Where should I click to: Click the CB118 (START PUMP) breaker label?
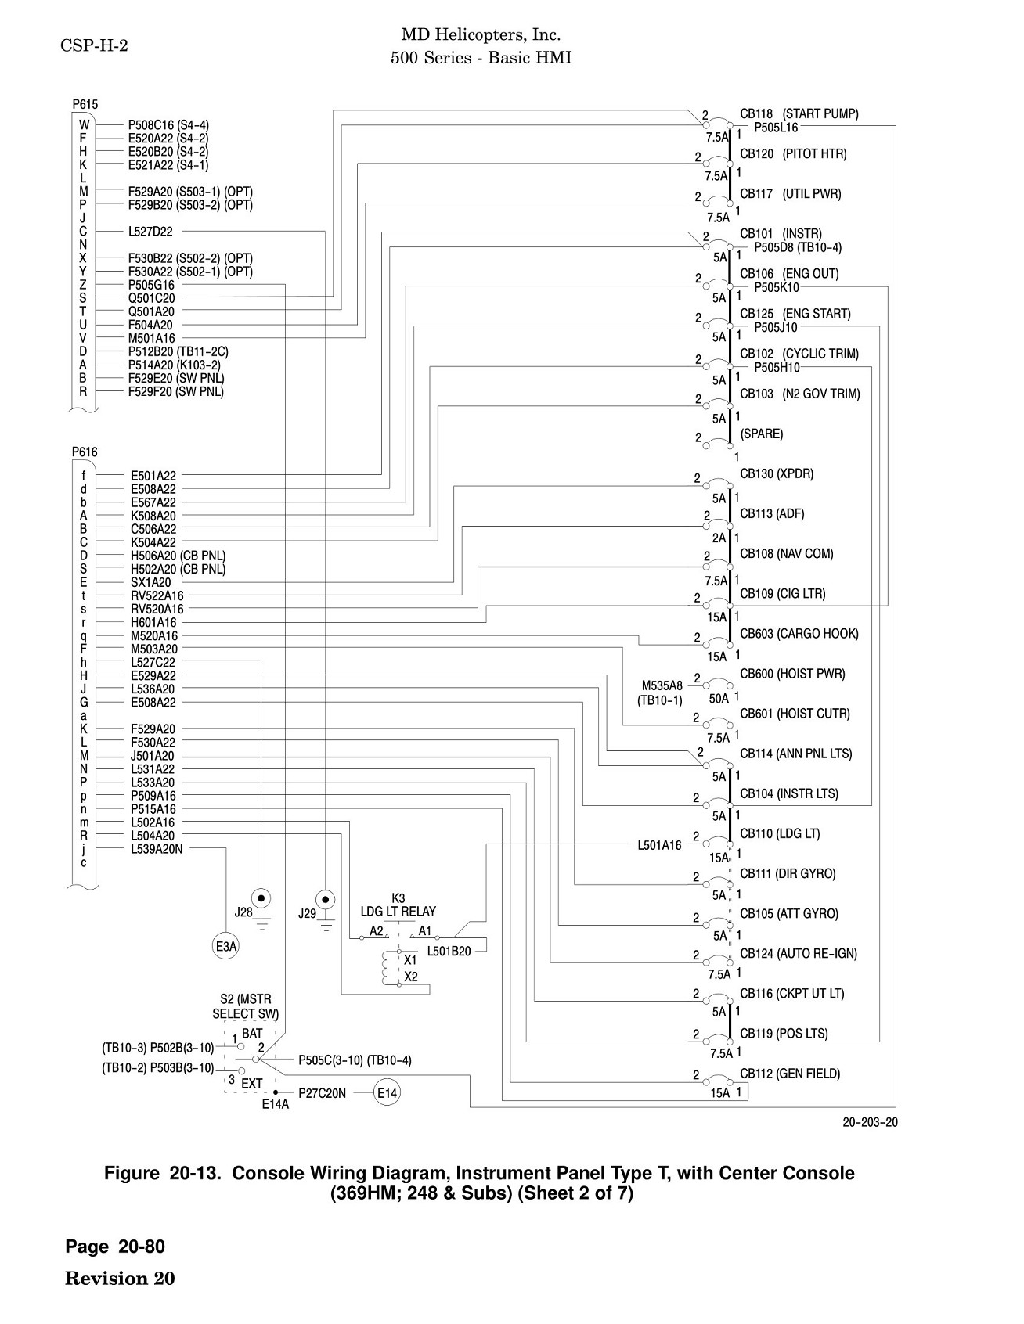[x=799, y=114]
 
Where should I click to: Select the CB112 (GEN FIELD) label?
[x=790, y=1074]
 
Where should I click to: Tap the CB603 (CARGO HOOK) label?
[x=799, y=634]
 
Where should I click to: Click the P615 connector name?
[x=85, y=104]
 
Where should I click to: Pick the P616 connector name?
[x=85, y=452]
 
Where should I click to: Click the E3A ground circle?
[x=225, y=947]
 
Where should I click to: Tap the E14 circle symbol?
[x=387, y=1093]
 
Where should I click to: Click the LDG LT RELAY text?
[x=398, y=912]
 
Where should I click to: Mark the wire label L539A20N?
[x=157, y=849]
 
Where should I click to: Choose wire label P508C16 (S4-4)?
[x=168, y=125]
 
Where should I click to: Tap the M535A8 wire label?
[x=662, y=686]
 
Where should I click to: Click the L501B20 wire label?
[x=449, y=952]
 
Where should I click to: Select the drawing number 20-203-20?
[x=870, y=1122]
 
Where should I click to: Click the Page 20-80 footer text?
[x=116, y=1247]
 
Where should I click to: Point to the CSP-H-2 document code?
[x=94, y=45]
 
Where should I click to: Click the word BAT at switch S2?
[x=253, y=1034]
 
